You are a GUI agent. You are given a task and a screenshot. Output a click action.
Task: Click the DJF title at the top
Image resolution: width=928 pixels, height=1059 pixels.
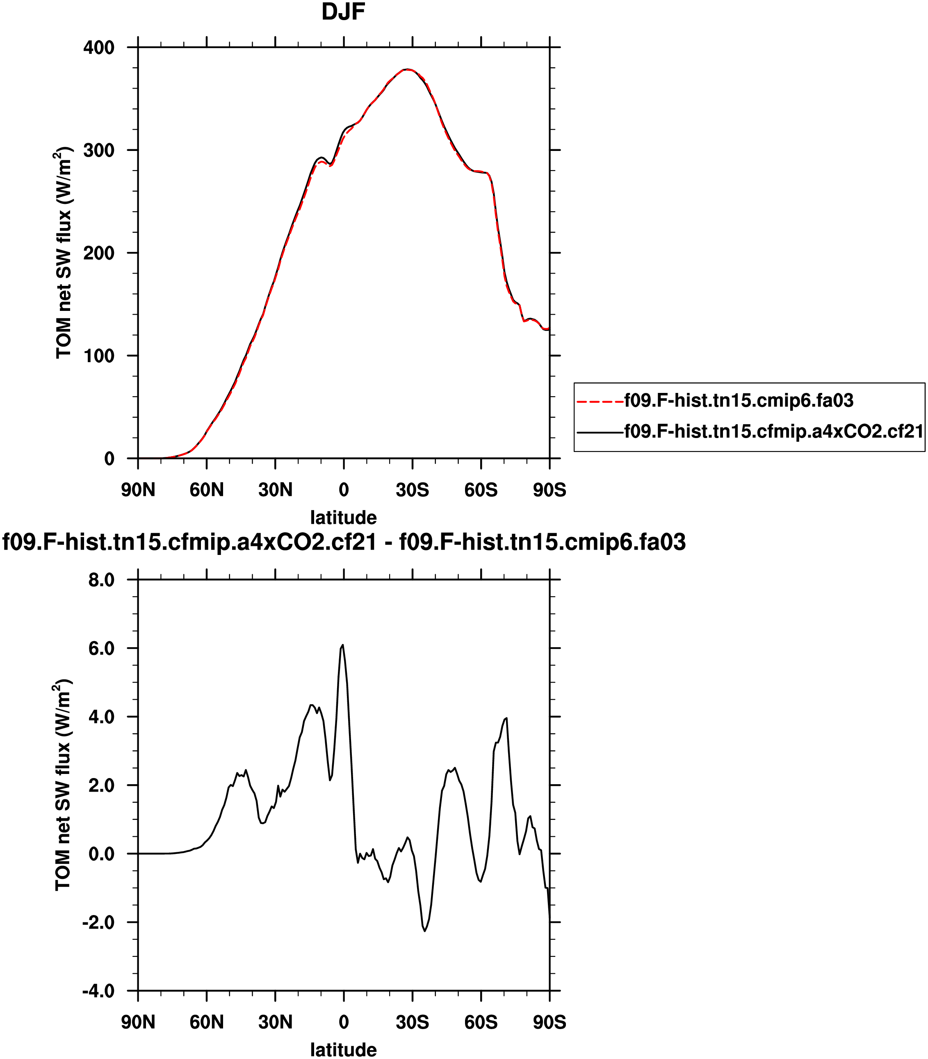[343, 12]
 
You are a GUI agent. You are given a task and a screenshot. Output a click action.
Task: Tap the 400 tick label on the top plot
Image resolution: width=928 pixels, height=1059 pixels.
[99, 48]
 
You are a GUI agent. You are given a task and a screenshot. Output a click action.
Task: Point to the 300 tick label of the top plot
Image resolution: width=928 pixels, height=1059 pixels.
[99, 150]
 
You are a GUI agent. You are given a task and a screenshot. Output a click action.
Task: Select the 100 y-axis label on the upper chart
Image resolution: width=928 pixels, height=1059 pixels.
[99, 356]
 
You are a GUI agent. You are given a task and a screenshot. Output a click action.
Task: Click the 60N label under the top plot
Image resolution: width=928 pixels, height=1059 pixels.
[207, 489]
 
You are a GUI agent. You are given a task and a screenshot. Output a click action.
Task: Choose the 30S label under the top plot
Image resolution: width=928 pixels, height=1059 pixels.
[412, 489]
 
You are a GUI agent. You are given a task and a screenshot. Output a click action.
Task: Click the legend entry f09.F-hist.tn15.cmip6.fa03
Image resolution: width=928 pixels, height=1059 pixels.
[739, 400]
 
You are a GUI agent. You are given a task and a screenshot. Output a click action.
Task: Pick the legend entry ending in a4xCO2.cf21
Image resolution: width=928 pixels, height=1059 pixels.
[774, 431]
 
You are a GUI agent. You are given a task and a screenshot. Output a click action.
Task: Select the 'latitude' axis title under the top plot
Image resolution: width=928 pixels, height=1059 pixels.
[343, 517]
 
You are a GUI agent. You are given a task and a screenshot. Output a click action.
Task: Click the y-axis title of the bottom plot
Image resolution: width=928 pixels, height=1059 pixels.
[63, 785]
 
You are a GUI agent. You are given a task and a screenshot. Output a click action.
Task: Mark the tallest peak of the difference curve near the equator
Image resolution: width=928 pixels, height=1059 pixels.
[342, 645]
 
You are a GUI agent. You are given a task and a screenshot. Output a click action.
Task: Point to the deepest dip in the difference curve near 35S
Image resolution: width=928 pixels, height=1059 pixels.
[425, 931]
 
